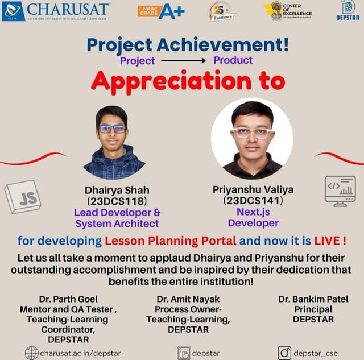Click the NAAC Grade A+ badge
click(x=161, y=11)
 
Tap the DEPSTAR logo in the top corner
click(x=348, y=11)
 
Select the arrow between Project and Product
click(x=184, y=60)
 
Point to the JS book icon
click(x=23, y=197)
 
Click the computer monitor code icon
click(x=340, y=191)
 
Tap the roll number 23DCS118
click(x=117, y=201)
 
